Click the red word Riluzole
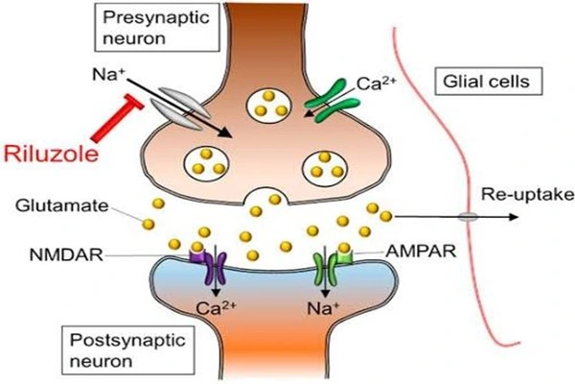coord(52,154)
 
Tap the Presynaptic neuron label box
coord(157,27)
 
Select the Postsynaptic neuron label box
coord(128,350)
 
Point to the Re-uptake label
coord(527,195)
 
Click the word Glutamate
coord(62,205)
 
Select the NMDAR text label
coord(66,254)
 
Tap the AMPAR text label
coord(421,252)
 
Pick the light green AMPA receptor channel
coord(332,268)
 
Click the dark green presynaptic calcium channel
coord(333,100)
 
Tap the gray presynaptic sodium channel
coord(180,108)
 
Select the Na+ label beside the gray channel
coord(105,74)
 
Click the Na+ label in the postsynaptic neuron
coord(323,308)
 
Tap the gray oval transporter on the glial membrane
coord(468,217)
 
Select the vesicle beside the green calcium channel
coord(269,104)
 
